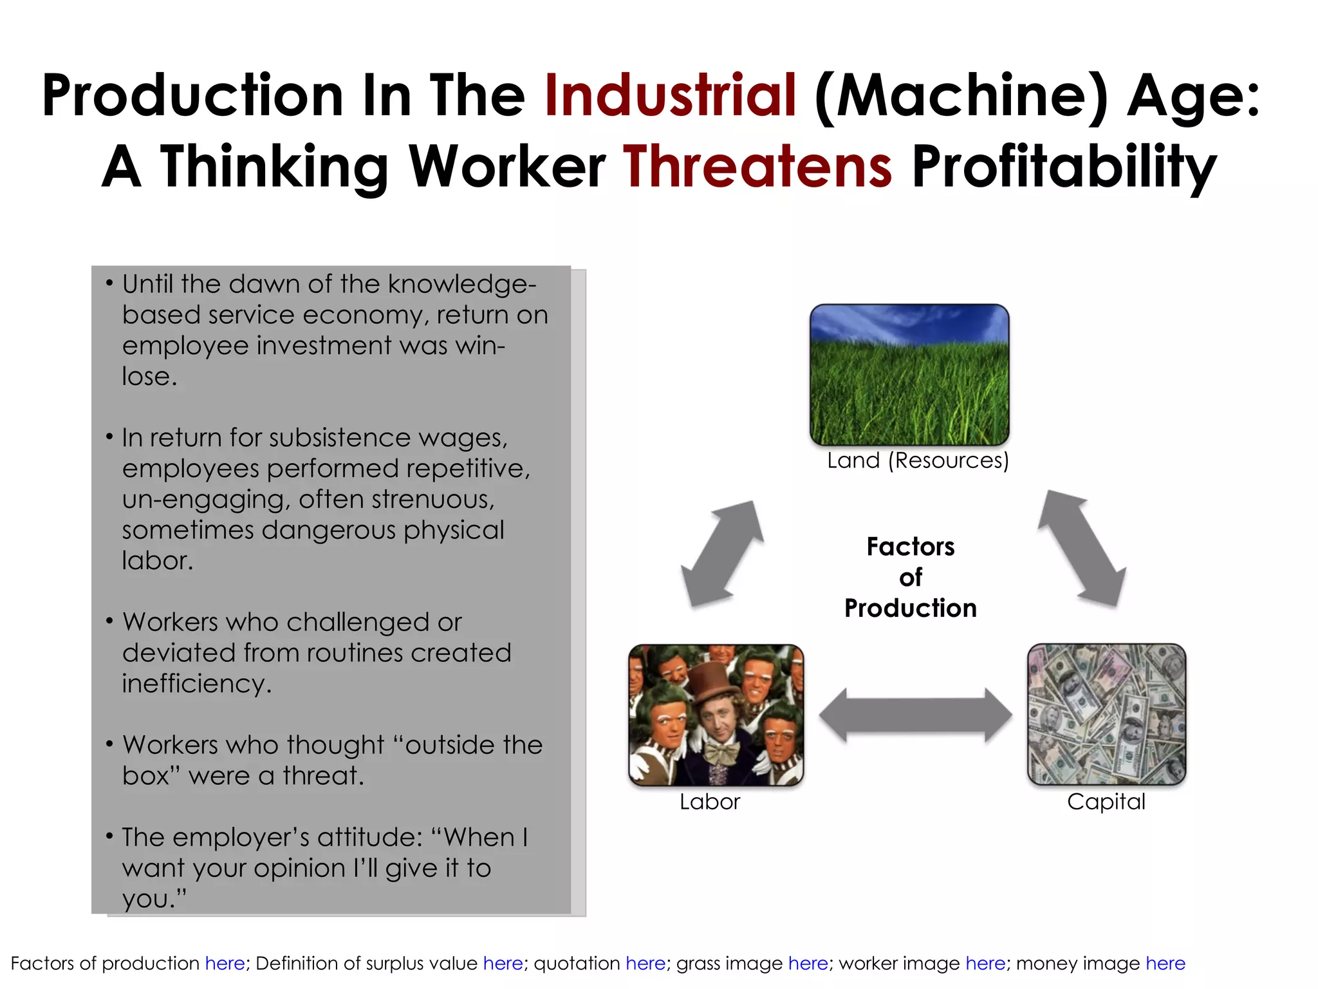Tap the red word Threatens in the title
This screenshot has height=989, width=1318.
tap(757, 166)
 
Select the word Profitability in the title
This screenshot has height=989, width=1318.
tap(1064, 166)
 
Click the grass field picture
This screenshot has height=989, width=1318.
tap(909, 375)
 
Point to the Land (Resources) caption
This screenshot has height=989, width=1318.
tap(918, 460)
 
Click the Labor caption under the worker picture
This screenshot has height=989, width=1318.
tap(710, 802)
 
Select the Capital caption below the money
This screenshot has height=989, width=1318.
tap(1106, 802)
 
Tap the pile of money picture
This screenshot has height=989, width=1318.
tap(1106, 714)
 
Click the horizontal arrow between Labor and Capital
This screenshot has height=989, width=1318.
tap(915, 715)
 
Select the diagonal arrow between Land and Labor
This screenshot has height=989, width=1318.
tap(722, 553)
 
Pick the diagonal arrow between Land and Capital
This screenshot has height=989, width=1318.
tap(1082, 549)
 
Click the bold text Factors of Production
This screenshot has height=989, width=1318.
tap(910, 577)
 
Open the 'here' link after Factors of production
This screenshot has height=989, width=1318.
tap(225, 963)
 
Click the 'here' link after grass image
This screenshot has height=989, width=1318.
tap(808, 963)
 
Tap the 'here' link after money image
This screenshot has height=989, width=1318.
tap(1165, 963)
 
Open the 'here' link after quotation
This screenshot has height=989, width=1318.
tap(645, 963)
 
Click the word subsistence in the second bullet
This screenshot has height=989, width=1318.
tap(339, 438)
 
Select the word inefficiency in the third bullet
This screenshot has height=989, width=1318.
tap(196, 684)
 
